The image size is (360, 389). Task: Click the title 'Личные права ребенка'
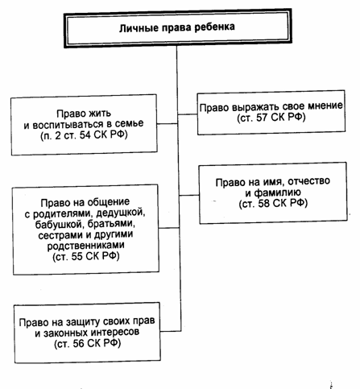(177, 27)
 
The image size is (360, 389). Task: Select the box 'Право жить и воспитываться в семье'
(84, 125)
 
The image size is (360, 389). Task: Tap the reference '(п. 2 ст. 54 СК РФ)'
(84, 135)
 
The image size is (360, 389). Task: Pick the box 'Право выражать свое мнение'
(271, 113)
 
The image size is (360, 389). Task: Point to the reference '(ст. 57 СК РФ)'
(271, 118)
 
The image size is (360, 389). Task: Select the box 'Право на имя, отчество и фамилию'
(273, 192)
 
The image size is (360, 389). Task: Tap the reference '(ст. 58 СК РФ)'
(273, 204)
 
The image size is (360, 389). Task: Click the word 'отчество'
(308, 181)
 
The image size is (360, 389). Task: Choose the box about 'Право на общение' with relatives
(86, 230)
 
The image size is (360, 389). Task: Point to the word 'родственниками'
(86, 246)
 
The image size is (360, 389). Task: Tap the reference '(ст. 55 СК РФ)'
(86, 257)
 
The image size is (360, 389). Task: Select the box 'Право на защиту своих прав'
(88, 333)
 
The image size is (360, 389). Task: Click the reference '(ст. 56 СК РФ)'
(88, 344)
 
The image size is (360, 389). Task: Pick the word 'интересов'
(114, 333)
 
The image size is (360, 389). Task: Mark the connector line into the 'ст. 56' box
(171, 331)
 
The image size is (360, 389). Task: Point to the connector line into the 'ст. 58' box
(189, 195)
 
